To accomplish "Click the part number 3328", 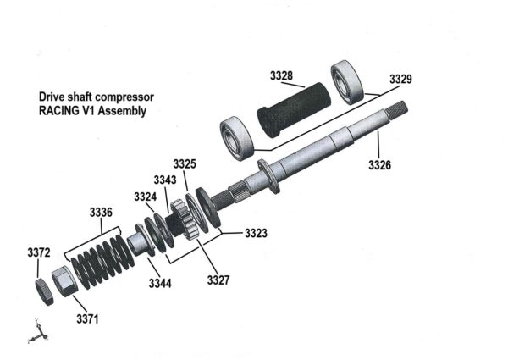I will (x=282, y=76).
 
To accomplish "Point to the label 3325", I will (x=185, y=163).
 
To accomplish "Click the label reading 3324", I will (x=145, y=197).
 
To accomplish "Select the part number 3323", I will (x=257, y=230).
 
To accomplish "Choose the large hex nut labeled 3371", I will (x=63, y=280).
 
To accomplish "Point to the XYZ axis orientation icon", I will (x=35, y=334).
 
